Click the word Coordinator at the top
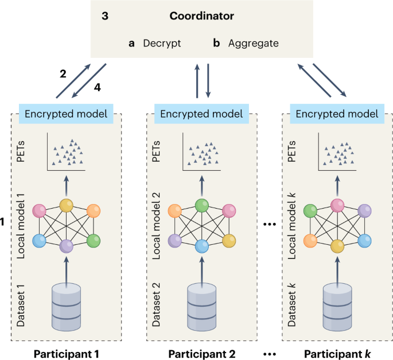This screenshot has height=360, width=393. pyautogui.click(x=202, y=16)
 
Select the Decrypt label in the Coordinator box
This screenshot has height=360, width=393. pyautogui.click(x=162, y=43)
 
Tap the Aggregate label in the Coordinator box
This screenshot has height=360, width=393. pyautogui.click(x=252, y=43)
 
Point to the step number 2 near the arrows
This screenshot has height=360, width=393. pyautogui.click(x=63, y=73)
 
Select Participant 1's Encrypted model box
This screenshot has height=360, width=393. pyautogui.click(x=66, y=114)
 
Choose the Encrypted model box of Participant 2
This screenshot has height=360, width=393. pyautogui.click(x=202, y=114)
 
